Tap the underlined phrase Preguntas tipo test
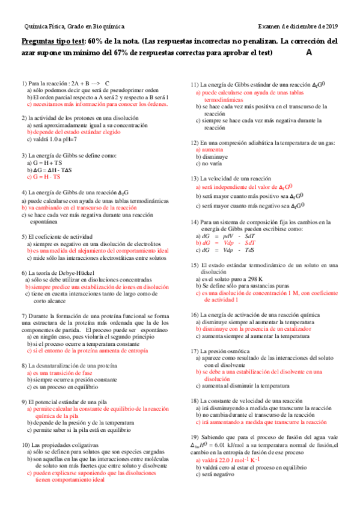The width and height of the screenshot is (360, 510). pyautogui.click(x=53, y=41)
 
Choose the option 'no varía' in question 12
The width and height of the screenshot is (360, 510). pyautogui.click(x=210, y=164)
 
